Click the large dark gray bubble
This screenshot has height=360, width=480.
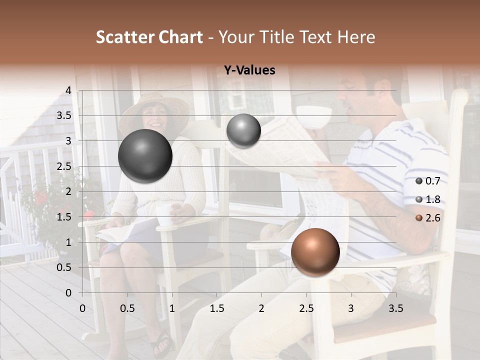[145, 156]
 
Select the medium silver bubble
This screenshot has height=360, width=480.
[243, 131]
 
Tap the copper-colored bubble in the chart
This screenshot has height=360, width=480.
[315, 252]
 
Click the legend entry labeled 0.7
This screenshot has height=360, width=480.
[428, 181]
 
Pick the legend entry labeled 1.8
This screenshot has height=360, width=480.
[428, 199]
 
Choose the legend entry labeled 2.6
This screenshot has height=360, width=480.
[428, 218]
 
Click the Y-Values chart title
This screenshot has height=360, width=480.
[249, 70]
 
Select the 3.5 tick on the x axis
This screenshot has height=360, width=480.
[395, 308]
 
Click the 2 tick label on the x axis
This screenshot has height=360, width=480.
[261, 308]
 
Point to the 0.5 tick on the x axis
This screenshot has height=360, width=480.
[127, 308]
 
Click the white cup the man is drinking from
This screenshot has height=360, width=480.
[314, 116]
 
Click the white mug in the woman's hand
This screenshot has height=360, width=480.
[164, 214]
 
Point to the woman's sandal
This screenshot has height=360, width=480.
[162, 343]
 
